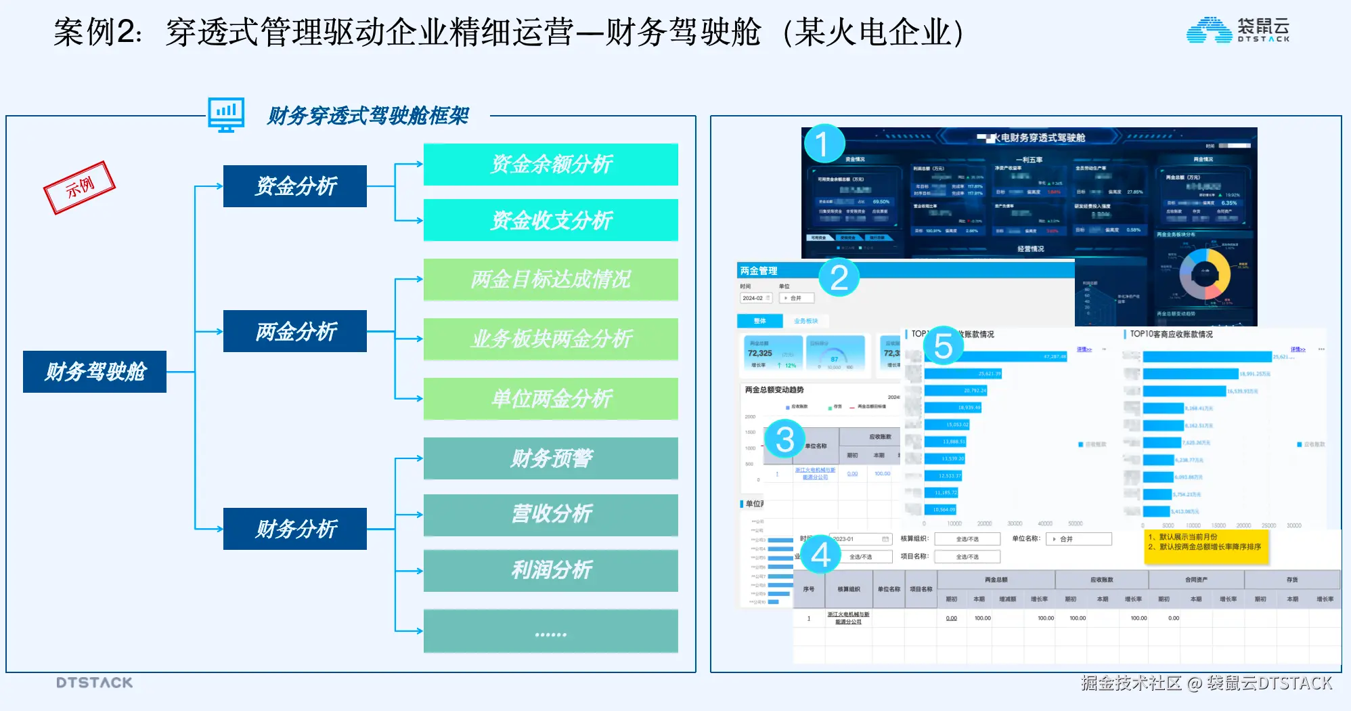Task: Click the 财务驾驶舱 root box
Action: (x=95, y=372)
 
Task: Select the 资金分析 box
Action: (x=295, y=186)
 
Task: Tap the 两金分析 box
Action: (x=295, y=331)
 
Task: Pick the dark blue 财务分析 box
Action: (x=295, y=529)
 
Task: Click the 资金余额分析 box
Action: (x=551, y=165)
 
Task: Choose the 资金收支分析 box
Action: (x=551, y=220)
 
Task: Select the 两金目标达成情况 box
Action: (x=551, y=280)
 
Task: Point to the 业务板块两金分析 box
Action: (x=551, y=339)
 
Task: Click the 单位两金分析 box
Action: (x=551, y=399)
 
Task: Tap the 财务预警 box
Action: (x=551, y=458)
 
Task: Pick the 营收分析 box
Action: (x=551, y=515)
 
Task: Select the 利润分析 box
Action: (x=551, y=571)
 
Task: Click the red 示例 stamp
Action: (x=79, y=188)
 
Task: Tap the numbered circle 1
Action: (x=824, y=144)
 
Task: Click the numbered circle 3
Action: (x=784, y=439)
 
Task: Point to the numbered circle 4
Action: (x=821, y=556)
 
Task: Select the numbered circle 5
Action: (x=943, y=346)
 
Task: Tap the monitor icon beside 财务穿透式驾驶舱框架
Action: (x=226, y=114)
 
